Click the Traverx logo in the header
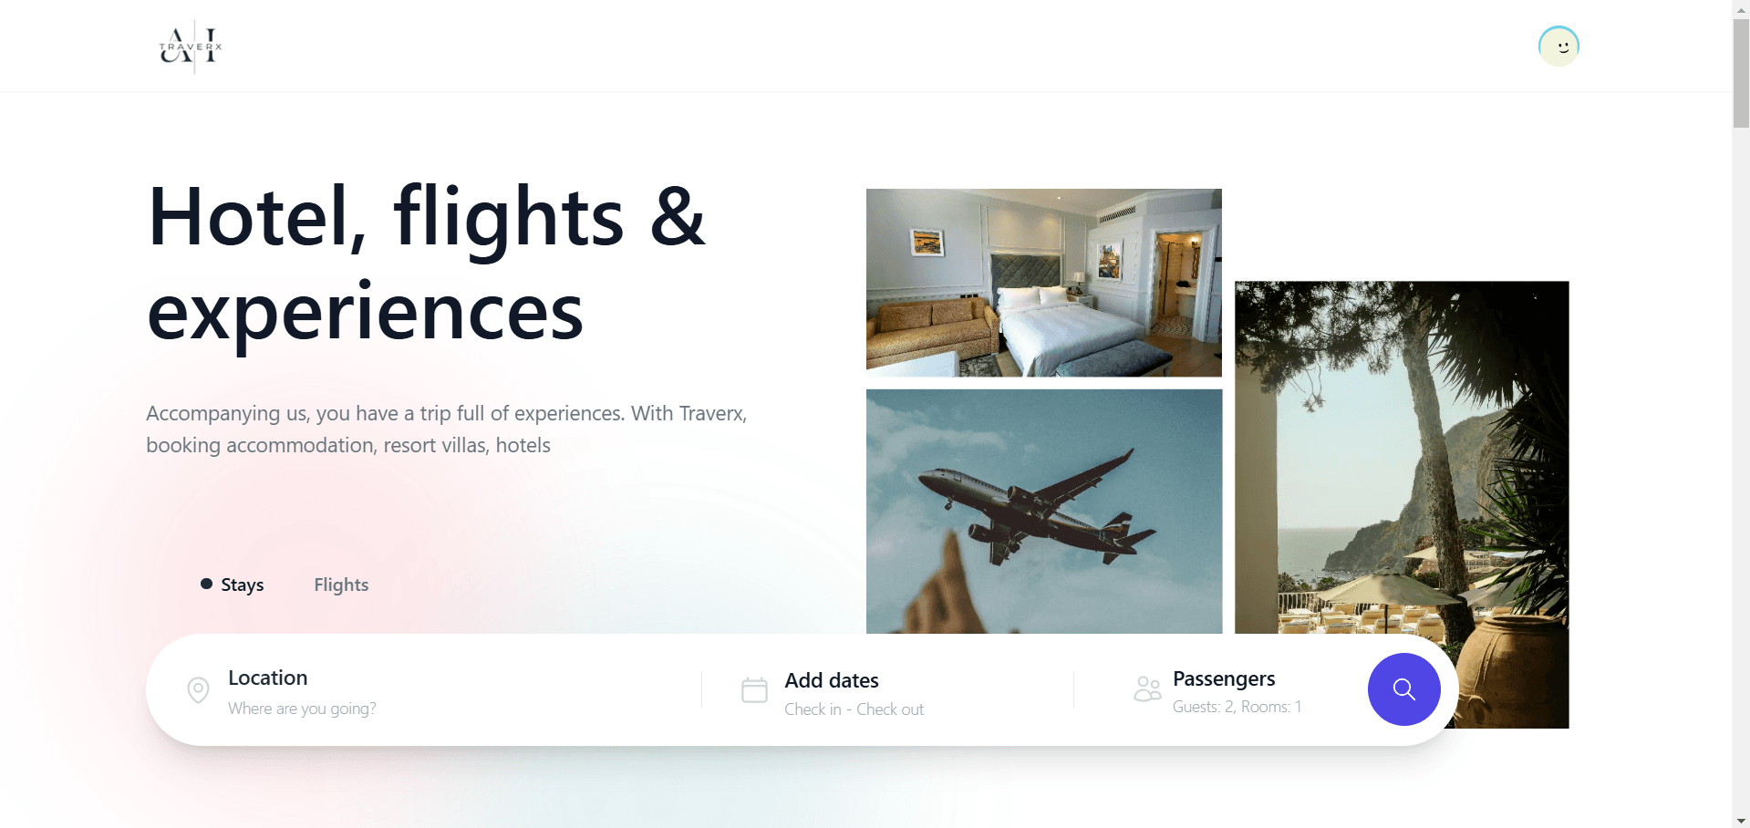point(191,47)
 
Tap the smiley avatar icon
point(1558,47)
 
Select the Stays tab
point(242,585)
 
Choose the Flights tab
point(341,585)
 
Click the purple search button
point(1403,689)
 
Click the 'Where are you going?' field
point(302,709)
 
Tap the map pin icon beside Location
point(198,690)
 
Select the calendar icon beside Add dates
point(754,690)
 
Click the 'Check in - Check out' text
point(854,709)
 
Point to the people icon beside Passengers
point(1147,688)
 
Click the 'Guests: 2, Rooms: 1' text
point(1237,707)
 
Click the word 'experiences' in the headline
point(365,315)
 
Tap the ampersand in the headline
point(678,216)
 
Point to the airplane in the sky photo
point(1036,505)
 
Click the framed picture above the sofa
point(927,243)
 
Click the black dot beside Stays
point(207,584)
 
